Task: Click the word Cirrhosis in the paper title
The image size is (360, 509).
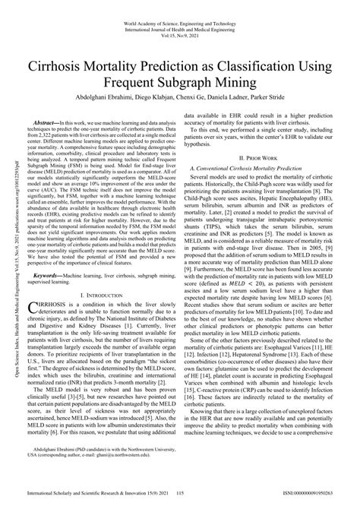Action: click(70, 65)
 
